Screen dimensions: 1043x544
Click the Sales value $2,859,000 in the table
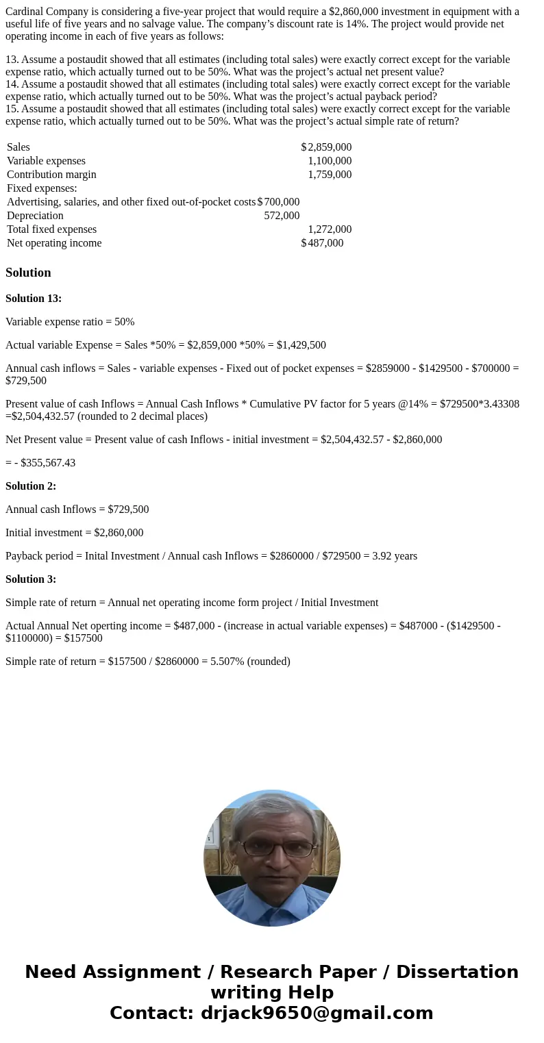pyautogui.click(x=326, y=147)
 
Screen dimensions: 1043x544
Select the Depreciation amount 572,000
pyautogui.click(x=282, y=216)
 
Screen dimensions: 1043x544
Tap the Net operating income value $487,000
pyautogui.click(x=322, y=243)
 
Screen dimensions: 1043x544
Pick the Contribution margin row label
pyautogui.click(x=51, y=175)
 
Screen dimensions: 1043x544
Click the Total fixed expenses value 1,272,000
pyautogui.click(x=330, y=229)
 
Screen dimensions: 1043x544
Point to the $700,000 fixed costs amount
pyautogui.click(x=278, y=202)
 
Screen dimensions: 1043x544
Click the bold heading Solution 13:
pyautogui.click(x=34, y=299)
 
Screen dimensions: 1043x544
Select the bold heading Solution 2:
pyautogui.click(x=31, y=486)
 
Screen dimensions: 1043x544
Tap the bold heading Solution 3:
pyautogui.click(x=31, y=579)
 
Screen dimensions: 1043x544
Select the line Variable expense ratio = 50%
pyautogui.click(x=70, y=322)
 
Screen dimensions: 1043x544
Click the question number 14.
pyautogui.click(x=12, y=84)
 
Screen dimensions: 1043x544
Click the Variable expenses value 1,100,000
pyautogui.click(x=330, y=161)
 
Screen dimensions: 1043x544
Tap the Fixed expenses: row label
pyautogui.click(x=42, y=188)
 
